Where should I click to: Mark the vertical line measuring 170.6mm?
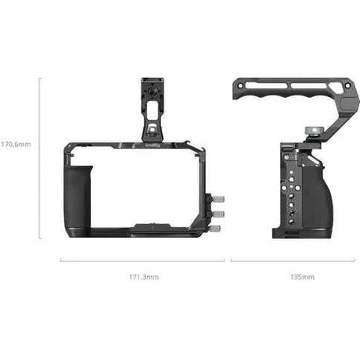(x=39, y=157)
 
